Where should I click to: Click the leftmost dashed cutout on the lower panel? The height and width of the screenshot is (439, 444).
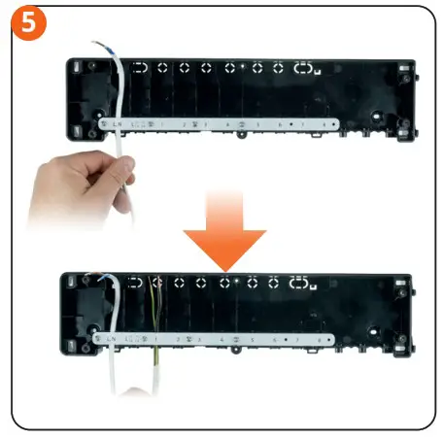[x=133, y=283]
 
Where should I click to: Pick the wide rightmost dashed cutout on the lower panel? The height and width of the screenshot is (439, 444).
[x=300, y=283]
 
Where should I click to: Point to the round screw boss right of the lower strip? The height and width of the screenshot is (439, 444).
[x=372, y=339]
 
